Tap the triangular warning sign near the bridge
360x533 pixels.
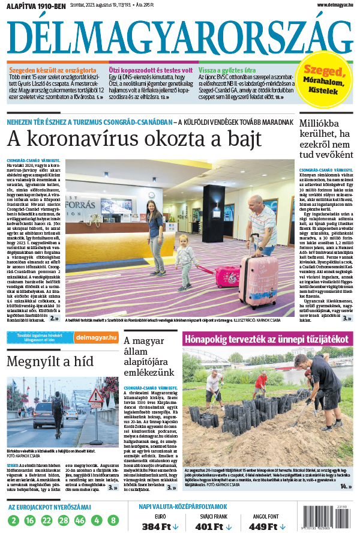[x=96, y=396]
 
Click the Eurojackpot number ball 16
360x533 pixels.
[x=31, y=520]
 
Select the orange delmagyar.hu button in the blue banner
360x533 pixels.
[x=97, y=337]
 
